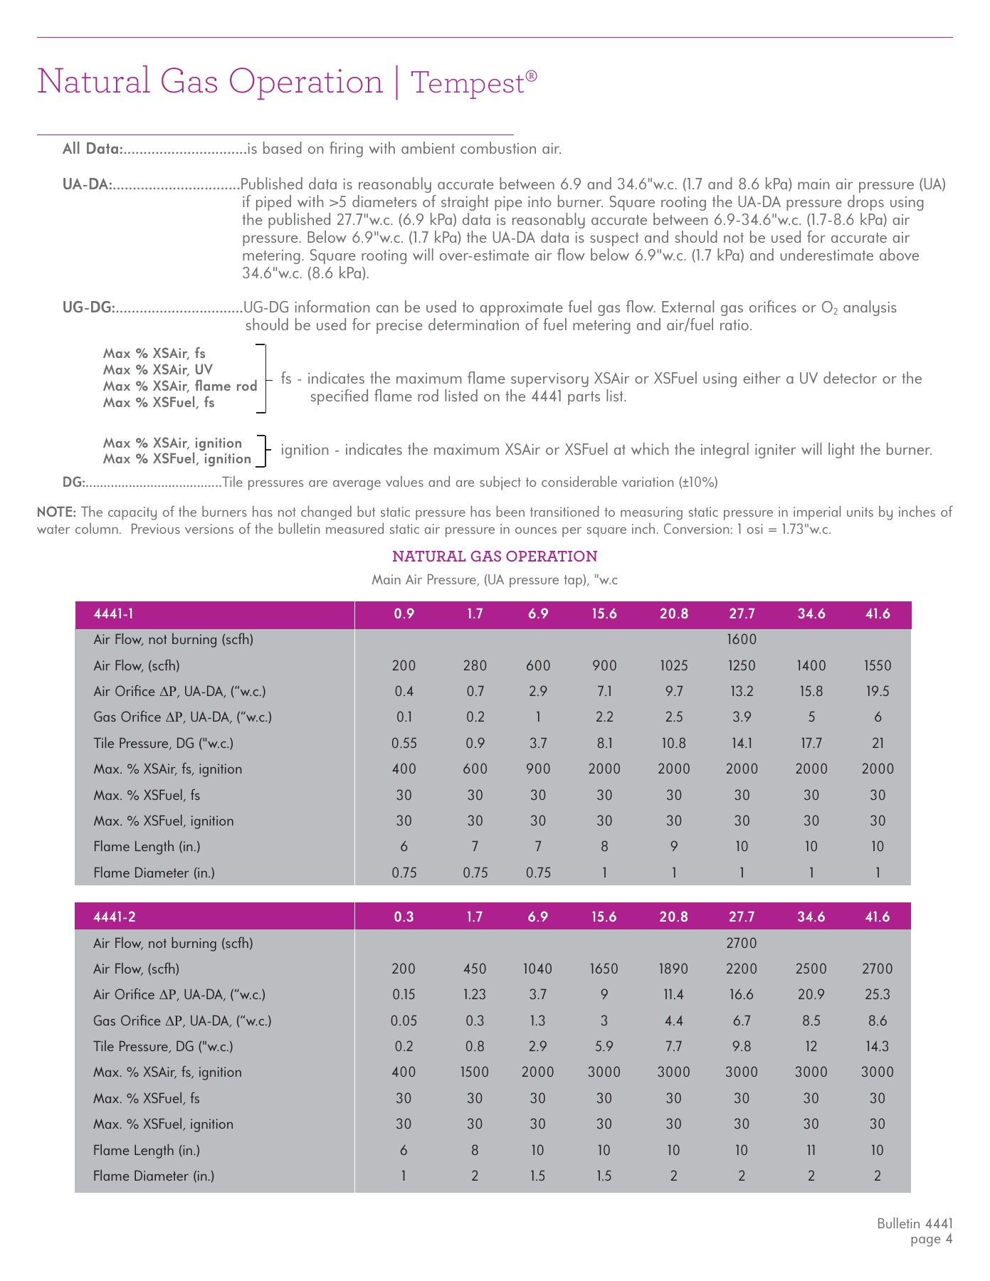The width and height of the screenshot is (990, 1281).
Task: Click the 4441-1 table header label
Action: coord(113,613)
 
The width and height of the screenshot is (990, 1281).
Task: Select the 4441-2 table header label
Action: coord(113,917)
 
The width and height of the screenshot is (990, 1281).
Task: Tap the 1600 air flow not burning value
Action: coord(741,639)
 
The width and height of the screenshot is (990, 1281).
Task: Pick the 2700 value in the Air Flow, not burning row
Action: coord(741,943)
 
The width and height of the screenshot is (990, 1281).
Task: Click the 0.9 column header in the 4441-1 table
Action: coord(404,613)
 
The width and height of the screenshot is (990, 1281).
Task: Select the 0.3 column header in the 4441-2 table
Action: coord(404,917)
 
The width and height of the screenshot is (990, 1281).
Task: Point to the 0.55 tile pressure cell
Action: coord(404,743)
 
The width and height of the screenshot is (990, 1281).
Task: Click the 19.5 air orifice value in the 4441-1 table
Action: coord(877,691)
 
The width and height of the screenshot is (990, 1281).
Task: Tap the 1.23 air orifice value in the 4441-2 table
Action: coord(475,995)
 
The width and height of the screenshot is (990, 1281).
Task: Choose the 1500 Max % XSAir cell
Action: coord(475,1072)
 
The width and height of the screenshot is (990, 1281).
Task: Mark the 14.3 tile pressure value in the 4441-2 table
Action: coord(877,1046)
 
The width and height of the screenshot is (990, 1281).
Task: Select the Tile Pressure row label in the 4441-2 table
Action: coord(163,1046)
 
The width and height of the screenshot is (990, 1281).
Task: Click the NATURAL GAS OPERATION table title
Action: coord(495,557)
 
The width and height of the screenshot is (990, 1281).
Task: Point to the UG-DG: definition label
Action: coord(89,308)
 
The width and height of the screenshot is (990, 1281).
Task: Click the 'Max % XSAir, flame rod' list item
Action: coord(180,386)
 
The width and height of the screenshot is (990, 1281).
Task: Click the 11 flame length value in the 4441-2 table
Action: coord(811,1150)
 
